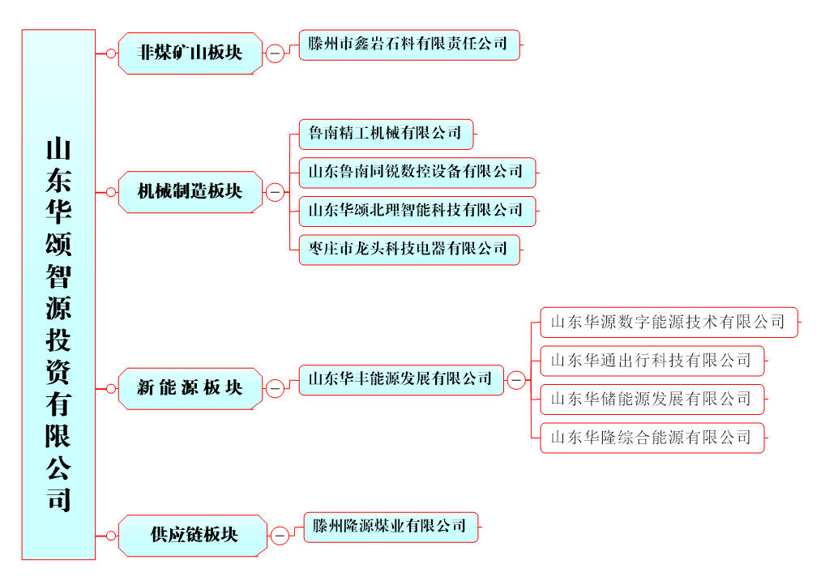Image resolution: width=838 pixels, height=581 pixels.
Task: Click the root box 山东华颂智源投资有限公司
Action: (x=58, y=294)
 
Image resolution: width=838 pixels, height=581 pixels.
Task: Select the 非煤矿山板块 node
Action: (x=190, y=53)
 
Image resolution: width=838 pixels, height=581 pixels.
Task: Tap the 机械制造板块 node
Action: (x=190, y=192)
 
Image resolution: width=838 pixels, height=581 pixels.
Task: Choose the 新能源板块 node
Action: (x=190, y=388)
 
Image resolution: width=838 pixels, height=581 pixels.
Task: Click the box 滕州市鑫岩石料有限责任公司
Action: (x=408, y=45)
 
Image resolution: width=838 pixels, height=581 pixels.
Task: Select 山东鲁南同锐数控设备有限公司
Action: (x=417, y=172)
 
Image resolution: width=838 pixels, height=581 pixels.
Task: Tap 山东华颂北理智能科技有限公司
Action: (x=417, y=211)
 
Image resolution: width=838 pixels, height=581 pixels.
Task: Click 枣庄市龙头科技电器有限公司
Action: (x=408, y=249)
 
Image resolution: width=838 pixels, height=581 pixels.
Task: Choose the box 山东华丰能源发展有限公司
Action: (x=401, y=379)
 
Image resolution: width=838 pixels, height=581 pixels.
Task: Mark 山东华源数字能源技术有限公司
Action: (x=669, y=322)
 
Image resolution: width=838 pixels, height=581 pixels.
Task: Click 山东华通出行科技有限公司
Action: (x=652, y=361)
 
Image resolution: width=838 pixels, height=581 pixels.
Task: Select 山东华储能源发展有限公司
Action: (x=652, y=399)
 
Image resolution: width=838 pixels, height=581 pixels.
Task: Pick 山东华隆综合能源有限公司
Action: (x=652, y=438)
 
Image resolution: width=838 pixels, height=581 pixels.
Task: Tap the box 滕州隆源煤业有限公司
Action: (x=391, y=527)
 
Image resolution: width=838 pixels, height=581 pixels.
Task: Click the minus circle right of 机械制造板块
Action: (x=275, y=193)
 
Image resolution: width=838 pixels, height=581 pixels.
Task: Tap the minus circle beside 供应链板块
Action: (x=279, y=536)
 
